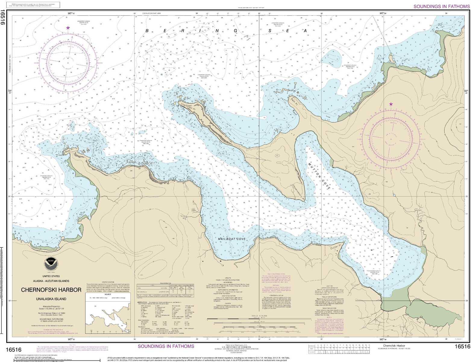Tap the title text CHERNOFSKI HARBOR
pos(51,290)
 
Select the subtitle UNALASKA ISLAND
pos(51,299)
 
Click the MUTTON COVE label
pos(319,175)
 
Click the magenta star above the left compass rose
pos(68,28)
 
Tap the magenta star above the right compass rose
pos(391,104)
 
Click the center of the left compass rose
pos(68,63)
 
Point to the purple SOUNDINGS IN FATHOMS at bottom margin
pos(166,346)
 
